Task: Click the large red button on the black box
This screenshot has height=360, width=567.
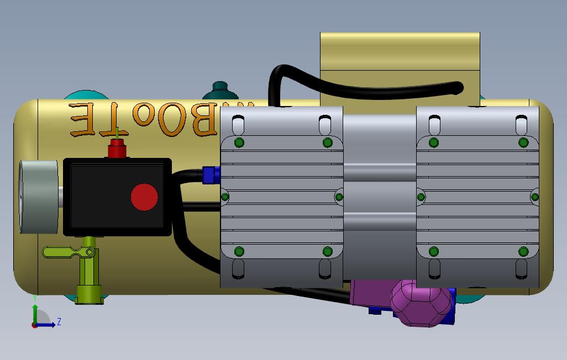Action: [144, 197]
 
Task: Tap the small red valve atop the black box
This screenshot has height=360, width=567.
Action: [116, 149]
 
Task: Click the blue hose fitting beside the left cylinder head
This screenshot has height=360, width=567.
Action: [211, 174]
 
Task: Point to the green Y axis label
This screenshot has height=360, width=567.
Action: [34, 298]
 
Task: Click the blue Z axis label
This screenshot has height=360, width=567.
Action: [59, 321]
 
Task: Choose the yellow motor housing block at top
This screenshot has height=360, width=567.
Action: [400, 66]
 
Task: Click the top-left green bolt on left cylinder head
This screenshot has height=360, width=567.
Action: [239, 143]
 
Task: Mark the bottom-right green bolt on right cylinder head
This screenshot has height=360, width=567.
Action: [523, 252]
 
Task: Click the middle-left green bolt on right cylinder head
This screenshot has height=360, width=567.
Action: [420, 197]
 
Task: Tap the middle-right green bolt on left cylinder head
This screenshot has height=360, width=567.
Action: [339, 197]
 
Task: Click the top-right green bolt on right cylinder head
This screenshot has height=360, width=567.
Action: [523, 143]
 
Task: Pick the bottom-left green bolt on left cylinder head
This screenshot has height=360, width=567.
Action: [239, 252]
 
